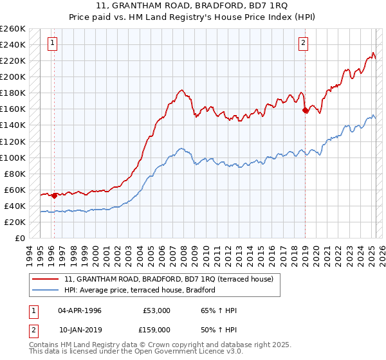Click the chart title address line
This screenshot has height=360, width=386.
pos(193,6)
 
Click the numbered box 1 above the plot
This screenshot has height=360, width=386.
pos(52,44)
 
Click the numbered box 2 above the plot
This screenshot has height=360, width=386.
pos(303,44)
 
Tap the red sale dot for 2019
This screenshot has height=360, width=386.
pos(306,110)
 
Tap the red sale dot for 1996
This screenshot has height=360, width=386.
pos(54,195)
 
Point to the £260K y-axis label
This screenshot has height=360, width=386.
pos(12,29)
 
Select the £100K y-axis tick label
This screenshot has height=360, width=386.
pos(12,157)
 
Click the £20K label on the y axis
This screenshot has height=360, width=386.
pos(15,222)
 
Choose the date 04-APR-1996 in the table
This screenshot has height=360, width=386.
pos(80,310)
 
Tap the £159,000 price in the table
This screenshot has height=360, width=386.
pos(156,329)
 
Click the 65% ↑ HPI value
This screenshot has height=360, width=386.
pos(219,310)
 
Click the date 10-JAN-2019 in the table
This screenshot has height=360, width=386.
pos(80,329)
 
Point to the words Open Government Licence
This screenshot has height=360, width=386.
pos(187,352)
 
